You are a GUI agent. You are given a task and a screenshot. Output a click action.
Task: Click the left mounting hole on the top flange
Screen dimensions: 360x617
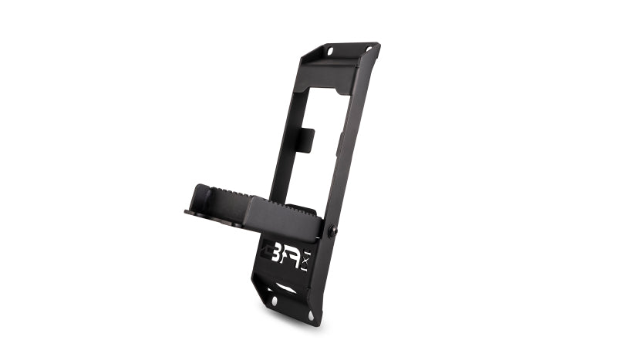[330, 51]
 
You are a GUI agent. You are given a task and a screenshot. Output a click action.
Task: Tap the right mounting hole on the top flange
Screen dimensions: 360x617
[369, 49]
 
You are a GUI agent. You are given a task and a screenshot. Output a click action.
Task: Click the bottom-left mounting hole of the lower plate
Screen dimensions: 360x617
[275, 301]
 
